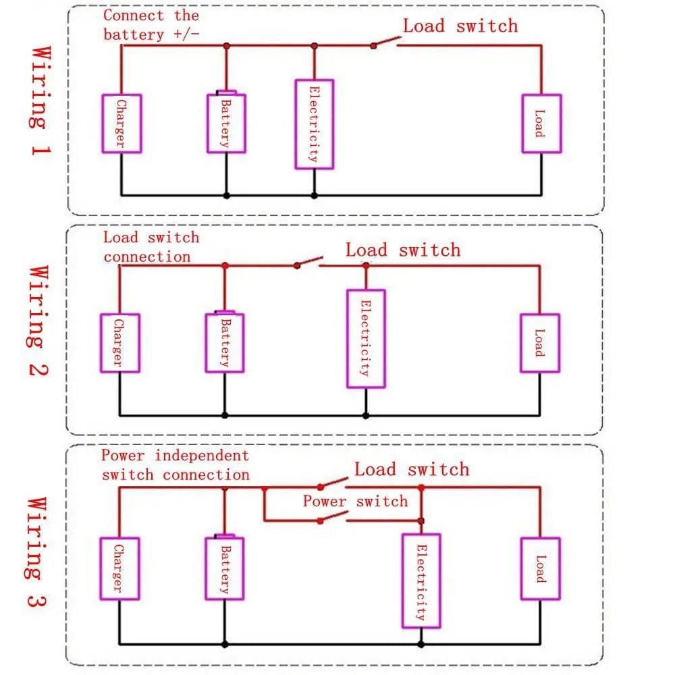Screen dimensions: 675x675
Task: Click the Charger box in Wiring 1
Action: [122, 123]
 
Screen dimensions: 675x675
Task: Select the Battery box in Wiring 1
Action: [226, 123]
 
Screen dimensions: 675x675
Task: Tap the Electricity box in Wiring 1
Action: [314, 124]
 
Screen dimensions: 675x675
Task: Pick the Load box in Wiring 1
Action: [541, 123]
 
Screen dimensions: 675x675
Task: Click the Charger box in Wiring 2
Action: [119, 343]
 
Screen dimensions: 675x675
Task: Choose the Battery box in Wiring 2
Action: [225, 343]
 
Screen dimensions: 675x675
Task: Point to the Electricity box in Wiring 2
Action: [366, 339]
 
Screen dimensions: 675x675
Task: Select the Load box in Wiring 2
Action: [539, 343]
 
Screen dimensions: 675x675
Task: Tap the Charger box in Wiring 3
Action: [119, 568]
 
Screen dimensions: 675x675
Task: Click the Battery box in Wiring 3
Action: [225, 568]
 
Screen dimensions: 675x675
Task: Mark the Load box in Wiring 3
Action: [540, 568]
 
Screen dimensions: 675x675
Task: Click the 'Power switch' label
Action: [355, 501]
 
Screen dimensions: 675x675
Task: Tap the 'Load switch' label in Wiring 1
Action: [460, 26]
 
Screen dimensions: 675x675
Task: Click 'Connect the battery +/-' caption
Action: [151, 25]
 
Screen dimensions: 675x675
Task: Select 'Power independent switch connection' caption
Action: [175, 465]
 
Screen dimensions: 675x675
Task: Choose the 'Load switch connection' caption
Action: [151, 247]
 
